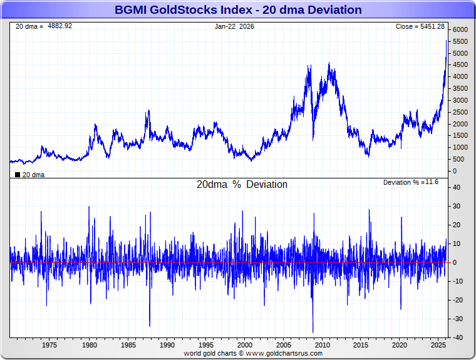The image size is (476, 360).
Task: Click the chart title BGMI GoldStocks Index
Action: tap(238, 10)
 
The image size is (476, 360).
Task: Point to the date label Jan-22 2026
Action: tap(235, 26)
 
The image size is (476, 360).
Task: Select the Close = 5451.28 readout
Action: tap(420, 26)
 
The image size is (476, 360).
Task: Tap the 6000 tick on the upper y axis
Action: tap(459, 30)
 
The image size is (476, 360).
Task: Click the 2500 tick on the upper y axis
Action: tap(459, 112)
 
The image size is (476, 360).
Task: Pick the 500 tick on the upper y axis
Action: tap(457, 159)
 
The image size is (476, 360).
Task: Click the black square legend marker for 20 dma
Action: tap(18, 175)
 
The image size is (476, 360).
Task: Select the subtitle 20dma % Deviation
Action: tap(242, 185)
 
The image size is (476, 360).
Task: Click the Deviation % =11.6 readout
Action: tap(411, 182)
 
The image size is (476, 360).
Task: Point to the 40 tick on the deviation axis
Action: tap(457, 187)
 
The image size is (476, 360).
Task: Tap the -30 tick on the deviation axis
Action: tap(457, 319)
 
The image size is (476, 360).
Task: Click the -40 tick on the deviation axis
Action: tap(457, 337)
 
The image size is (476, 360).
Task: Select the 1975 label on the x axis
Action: tap(49, 345)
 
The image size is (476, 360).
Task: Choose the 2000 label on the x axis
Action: tap(244, 345)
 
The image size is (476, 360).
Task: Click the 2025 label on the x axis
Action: tap(438, 345)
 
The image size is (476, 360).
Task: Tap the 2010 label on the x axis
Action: tap(322, 345)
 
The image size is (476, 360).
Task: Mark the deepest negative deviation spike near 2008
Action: tap(313, 331)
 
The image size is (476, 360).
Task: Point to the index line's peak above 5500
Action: tap(446, 41)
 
